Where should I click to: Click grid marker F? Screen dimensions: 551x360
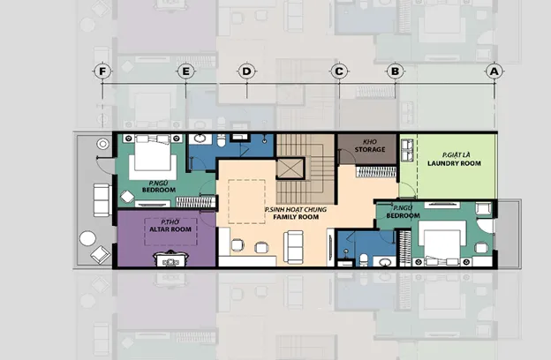click(x=102, y=71)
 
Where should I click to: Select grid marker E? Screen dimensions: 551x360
click(x=186, y=71)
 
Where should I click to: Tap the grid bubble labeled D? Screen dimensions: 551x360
click(x=246, y=71)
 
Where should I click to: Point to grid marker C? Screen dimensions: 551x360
click(x=339, y=71)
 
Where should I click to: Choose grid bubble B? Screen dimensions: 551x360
click(x=395, y=71)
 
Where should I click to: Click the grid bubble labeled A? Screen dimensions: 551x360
click(x=494, y=71)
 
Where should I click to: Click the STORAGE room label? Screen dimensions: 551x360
click(x=370, y=149)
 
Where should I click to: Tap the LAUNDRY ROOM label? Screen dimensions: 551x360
click(x=454, y=163)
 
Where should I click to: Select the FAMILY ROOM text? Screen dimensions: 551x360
click(x=296, y=217)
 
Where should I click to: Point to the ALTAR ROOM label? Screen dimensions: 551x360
click(x=170, y=229)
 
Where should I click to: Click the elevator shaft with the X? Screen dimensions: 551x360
click(x=291, y=169)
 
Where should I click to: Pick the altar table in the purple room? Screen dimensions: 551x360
click(x=170, y=259)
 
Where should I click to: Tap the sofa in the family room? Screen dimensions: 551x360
click(x=293, y=247)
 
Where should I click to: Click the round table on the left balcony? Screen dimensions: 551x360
click(x=87, y=238)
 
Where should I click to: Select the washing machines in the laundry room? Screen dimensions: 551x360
click(x=407, y=150)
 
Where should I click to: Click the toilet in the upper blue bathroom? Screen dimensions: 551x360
click(x=221, y=141)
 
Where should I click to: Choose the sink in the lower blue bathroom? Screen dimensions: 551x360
click(x=385, y=262)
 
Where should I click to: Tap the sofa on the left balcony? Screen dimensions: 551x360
click(x=102, y=199)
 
